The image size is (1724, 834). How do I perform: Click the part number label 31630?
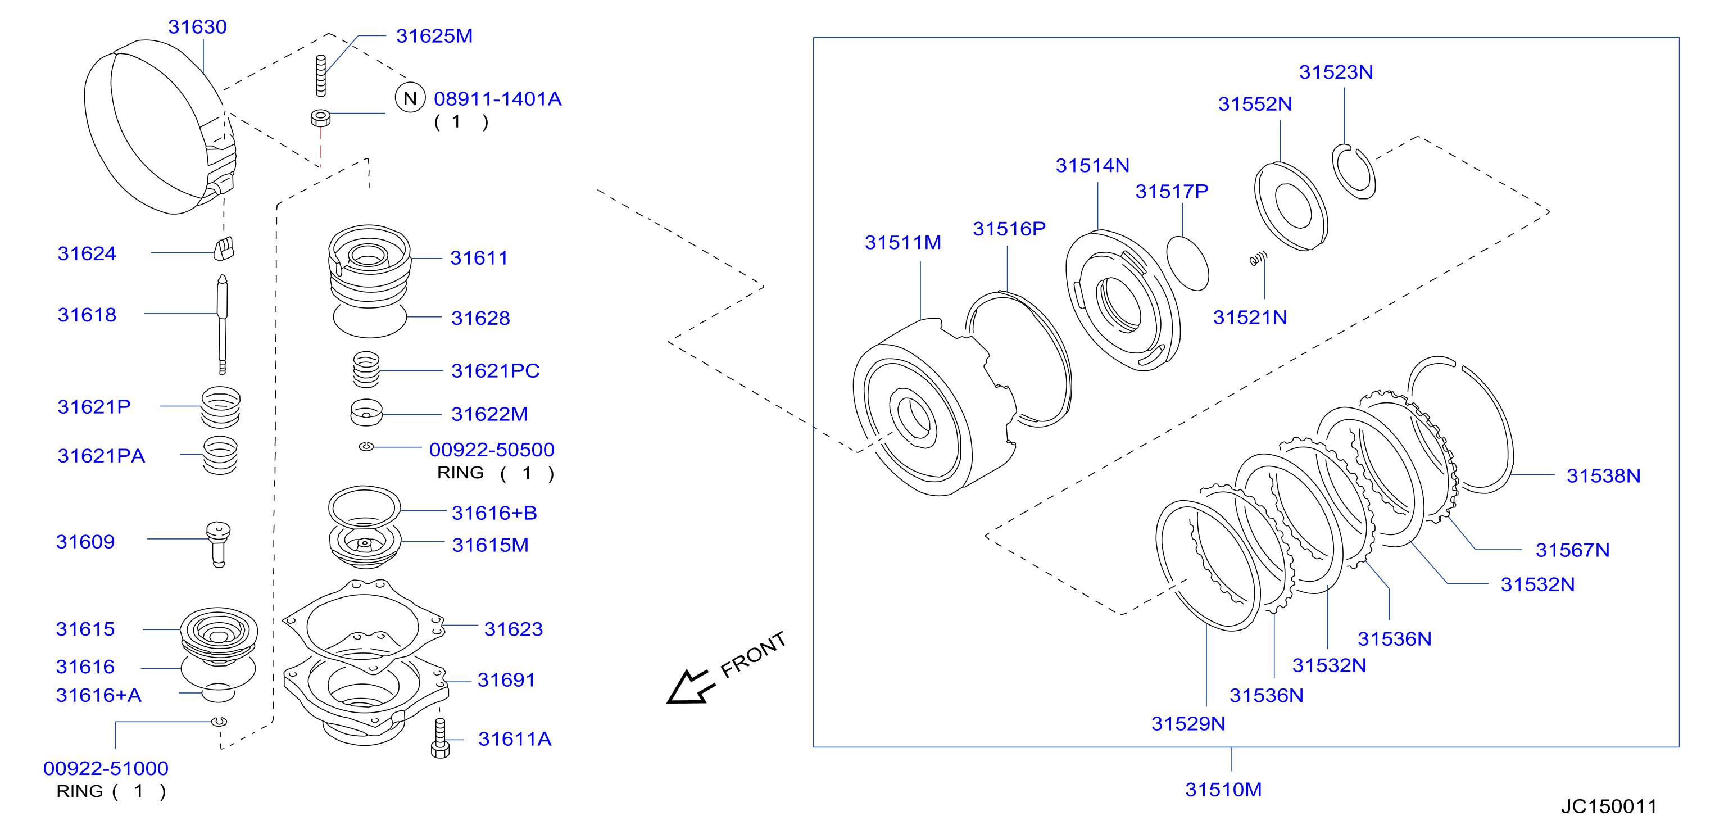click(x=197, y=27)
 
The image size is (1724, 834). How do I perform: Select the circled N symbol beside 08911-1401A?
click(x=410, y=98)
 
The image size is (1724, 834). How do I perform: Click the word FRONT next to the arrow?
click(x=753, y=654)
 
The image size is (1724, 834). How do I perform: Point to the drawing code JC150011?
click(x=1609, y=806)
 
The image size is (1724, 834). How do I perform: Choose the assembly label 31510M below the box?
click(x=1223, y=790)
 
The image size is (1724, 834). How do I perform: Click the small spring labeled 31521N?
click(x=1258, y=259)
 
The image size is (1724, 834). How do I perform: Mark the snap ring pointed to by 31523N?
click(x=1354, y=171)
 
